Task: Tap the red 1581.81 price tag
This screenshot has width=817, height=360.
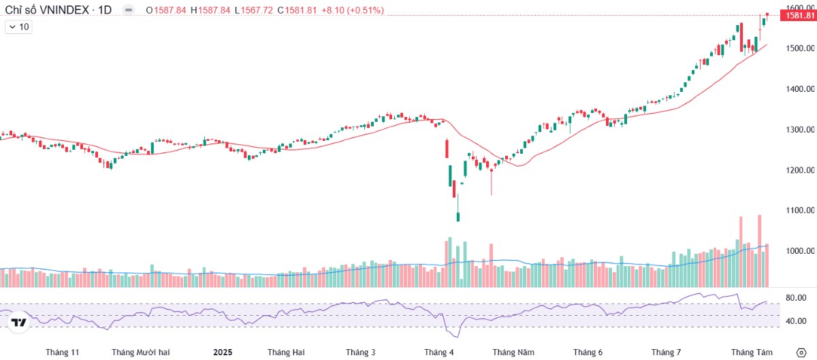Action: tap(796, 16)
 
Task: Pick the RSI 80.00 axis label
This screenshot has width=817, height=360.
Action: tap(796, 298)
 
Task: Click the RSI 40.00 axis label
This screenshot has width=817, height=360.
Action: tap(796, 321)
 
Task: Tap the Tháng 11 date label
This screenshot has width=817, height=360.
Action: tap(63, 352)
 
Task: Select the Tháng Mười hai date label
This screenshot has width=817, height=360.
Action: tap(140, 352)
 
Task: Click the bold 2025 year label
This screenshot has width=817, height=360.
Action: tap(223, 352)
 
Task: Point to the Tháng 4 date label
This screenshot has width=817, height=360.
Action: tap(438, 352)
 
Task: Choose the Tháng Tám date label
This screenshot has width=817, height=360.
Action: tap(752, 352)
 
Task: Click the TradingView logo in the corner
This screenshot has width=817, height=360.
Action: tap(19, 323)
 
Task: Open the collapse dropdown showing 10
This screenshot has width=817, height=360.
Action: tap(18, 27)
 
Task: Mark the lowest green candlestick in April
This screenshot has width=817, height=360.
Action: tap(458, 216)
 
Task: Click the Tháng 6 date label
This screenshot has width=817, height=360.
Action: tap(588, 352)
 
